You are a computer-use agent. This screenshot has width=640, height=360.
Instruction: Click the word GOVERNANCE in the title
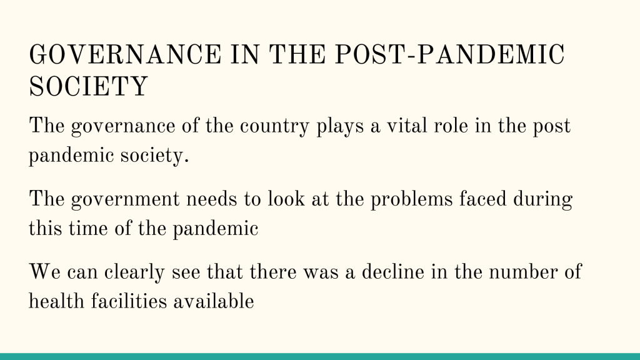[x=125, y=55]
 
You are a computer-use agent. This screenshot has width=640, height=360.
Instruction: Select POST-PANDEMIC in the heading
[x=450, y=55]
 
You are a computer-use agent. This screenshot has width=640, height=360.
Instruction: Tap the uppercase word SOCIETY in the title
[x=88, y=86]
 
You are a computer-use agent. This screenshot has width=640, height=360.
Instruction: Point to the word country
[x=274, y=126]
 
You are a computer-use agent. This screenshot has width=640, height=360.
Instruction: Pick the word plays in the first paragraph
[x=340, y=126]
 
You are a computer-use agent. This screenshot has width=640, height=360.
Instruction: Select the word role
[x=451, y=125]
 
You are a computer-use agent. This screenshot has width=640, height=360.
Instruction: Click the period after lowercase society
[x=186, y=162]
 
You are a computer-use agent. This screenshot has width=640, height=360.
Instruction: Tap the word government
[x=125, y=200]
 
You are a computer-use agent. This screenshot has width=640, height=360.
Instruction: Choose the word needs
[x=211, y=199]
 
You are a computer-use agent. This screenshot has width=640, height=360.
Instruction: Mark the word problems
[x=411, y=199]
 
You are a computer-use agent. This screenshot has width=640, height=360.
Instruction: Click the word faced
[x=482, y=199]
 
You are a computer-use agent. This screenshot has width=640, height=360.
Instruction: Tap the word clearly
[x=134, y=272]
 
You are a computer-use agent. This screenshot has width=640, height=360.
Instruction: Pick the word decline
[x=392, y=272]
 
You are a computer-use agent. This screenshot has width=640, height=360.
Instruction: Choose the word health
[x=56, y=301]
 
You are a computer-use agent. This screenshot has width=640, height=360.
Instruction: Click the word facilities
[x=129, y=301]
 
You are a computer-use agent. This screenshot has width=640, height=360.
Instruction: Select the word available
[x=214, y=301]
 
